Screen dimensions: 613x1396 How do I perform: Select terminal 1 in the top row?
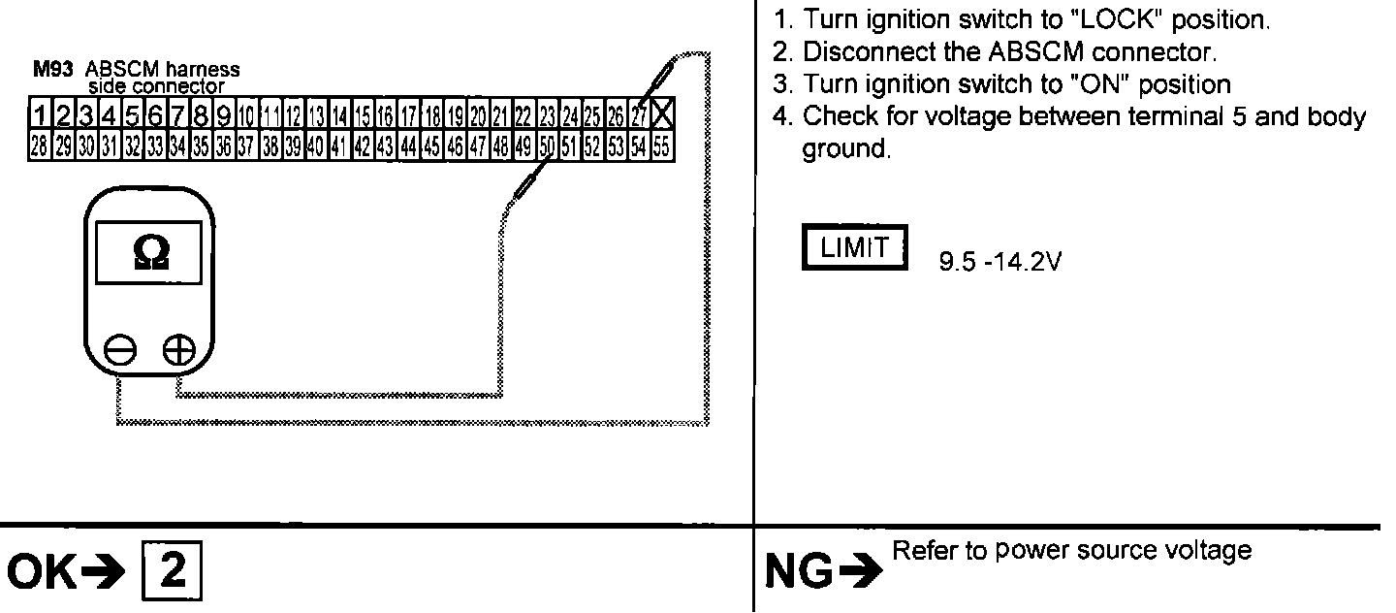click(40, 116)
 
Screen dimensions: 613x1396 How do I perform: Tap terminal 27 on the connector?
click(640, 116)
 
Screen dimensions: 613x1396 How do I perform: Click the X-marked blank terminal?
click(663, 116)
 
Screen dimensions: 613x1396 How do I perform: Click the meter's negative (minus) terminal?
click(120, 350)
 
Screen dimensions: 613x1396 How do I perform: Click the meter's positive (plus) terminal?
click(177, 350)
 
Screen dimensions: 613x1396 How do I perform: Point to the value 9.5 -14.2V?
click(999, 263)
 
